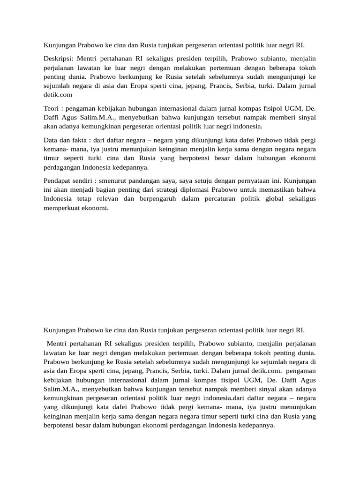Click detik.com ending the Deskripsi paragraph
pyautogui.click(x=58, y=95)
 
